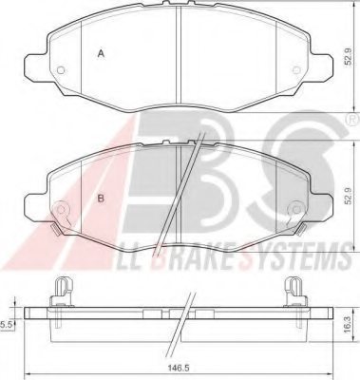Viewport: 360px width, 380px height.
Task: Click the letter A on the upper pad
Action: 102,54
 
